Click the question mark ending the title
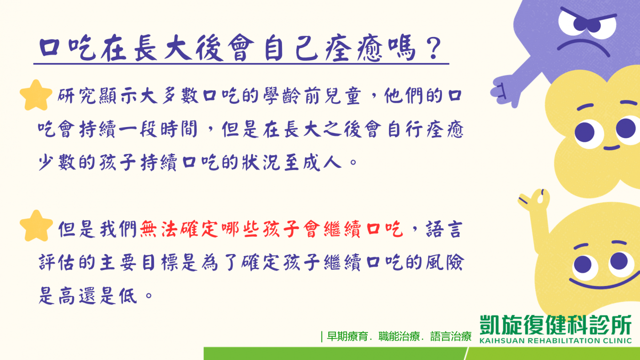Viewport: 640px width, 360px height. [x=433, y=48]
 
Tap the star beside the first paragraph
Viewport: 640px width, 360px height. [x=36, y=95]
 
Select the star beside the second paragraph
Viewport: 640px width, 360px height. [x=36, y=226]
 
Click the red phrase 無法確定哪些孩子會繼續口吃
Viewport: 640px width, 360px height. [x=272, y=229]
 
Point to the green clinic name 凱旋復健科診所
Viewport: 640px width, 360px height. [x=555, y=325]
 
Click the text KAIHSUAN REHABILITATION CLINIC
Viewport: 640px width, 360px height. [x=555, y=341]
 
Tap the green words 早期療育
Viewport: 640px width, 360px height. [x=347, y=337]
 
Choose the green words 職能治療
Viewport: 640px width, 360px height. [x=399, y=337]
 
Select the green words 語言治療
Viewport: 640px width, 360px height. [x=451, y=337]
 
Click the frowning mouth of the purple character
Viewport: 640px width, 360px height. [x=583, y=46]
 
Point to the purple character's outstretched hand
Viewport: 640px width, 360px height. [x=504, y=91]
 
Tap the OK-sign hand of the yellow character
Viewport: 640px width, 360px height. [x=534, y=200]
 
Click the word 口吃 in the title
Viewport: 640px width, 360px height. [x=67, y=48]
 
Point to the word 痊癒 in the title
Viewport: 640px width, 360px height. [x=354, y=48]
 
